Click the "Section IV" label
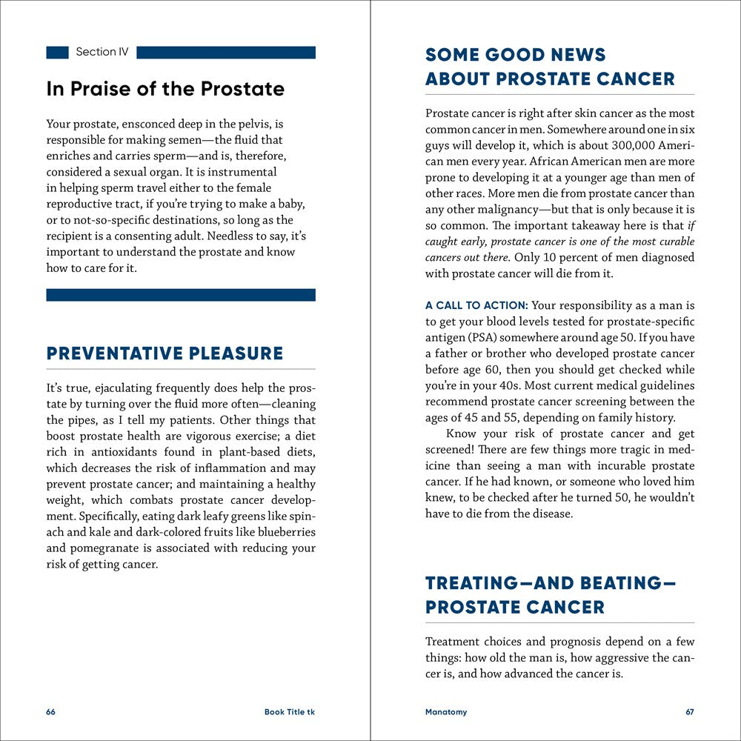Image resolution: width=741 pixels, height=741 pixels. click(102, 53)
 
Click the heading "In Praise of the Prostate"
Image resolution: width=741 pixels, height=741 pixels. click(165, 89)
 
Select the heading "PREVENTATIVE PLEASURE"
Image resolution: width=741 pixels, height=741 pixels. click(165, 353)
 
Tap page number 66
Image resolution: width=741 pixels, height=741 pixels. click(50, 712)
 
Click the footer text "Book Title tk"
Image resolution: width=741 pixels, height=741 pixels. click(290, 712)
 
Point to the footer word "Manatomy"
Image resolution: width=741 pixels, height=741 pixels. click(446, 712)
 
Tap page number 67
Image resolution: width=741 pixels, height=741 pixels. click(690, 712)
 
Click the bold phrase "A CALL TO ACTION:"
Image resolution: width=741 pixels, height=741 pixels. click(476, 305)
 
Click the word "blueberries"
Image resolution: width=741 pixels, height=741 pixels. click(285, 532)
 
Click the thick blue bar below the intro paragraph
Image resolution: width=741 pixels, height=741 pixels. click(181, 295)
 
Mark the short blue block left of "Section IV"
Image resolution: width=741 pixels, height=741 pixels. click(57, 53)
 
